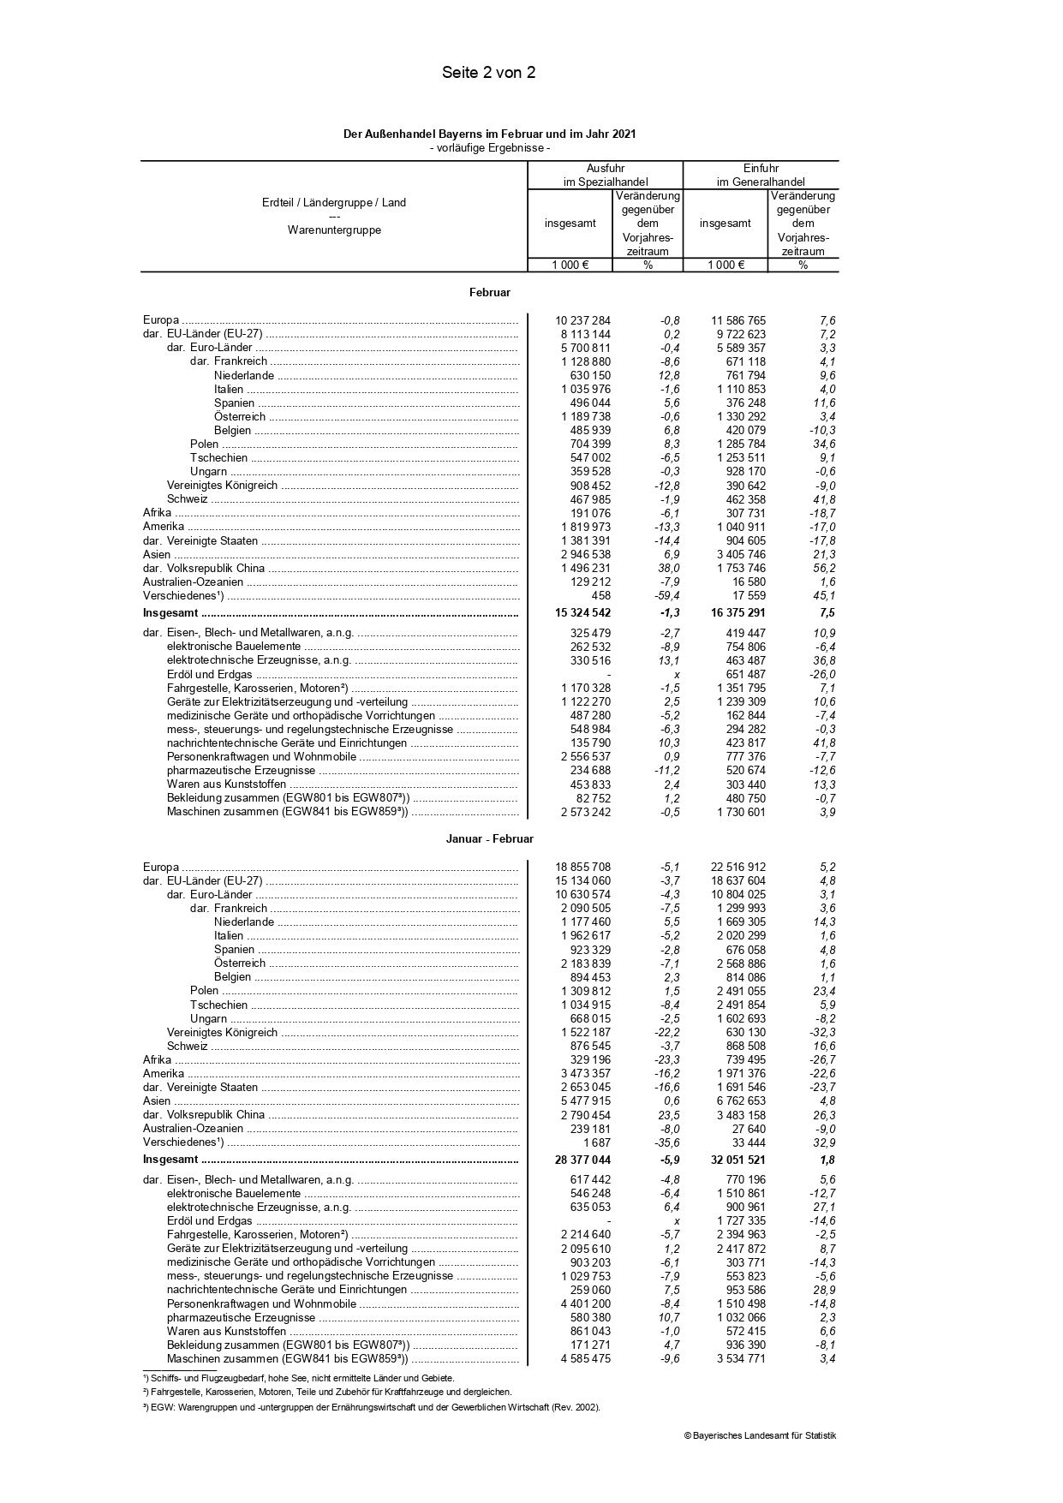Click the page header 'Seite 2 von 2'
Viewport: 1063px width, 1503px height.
coord(488,73)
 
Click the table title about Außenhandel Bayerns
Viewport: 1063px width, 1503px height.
coord(489,134)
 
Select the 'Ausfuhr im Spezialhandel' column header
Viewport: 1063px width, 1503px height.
coord(605,175)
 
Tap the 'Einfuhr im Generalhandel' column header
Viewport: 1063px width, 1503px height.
coord(761,175)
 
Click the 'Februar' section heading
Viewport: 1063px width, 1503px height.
coord(489,293)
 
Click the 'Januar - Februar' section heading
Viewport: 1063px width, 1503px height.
coord(489,839)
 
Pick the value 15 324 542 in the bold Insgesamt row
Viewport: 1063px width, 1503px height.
coord(582,613)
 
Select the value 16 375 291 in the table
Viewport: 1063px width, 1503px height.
coord(738,613)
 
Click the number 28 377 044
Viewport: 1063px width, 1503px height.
coord(582,1160)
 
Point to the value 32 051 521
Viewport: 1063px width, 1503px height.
coord(738,1160)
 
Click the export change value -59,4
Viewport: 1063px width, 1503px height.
coord(666,596)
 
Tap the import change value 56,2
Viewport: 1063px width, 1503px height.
coord(824,569)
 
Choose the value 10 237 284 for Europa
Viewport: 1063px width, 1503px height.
coord(582,321)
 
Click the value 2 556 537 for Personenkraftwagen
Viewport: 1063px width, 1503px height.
coord(586,757)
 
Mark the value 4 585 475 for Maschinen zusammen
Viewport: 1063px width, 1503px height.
coord(586,1359)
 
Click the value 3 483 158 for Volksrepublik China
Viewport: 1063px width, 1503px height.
coord(741,1115)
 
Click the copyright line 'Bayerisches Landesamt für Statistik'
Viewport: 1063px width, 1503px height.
coord(760,1436)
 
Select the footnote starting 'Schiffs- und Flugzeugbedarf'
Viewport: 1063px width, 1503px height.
coord(299,1378)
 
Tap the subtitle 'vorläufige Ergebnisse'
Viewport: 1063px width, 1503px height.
coord(489,148)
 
